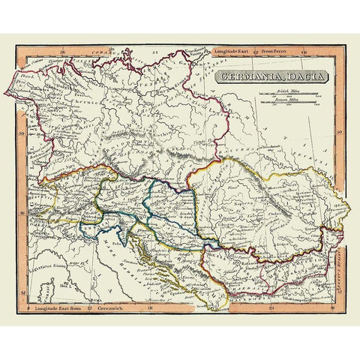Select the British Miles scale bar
(286, 94)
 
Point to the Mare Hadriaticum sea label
(127, 259)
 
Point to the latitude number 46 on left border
(22, 212)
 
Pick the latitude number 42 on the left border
(22, 291)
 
